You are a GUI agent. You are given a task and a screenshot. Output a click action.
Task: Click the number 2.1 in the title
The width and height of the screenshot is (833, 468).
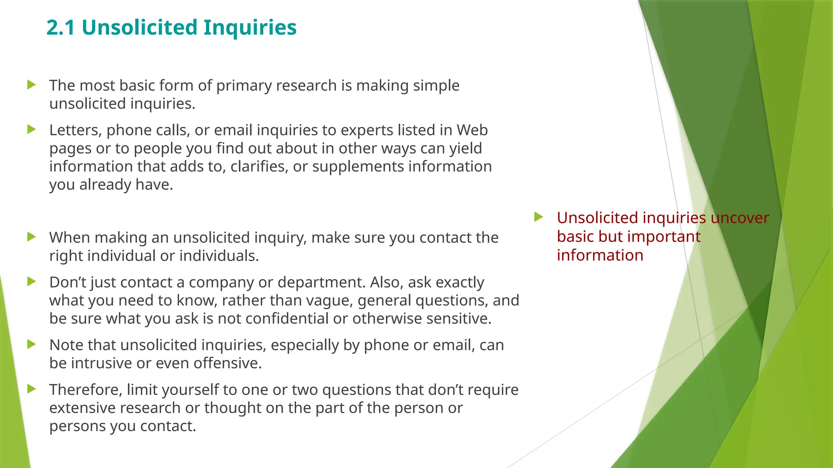tap(61, 28)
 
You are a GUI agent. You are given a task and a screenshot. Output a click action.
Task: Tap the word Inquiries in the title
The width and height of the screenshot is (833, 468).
tap(250, 28)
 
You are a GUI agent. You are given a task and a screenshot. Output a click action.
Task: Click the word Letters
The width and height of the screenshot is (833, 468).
tap(75, 130)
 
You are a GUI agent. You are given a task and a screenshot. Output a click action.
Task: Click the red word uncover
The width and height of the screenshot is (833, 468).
tap(739, 218)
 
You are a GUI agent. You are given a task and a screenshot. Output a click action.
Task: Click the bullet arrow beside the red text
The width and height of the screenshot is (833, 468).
tap(539, 217)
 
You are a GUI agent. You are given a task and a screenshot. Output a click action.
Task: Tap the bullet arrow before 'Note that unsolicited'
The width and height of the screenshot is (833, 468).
tap(31, 344)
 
